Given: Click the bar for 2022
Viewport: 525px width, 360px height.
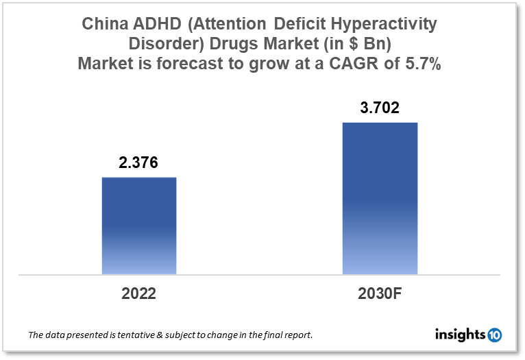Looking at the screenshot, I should [x=139, y=226].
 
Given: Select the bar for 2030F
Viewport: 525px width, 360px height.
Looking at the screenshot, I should [x=380, y=198].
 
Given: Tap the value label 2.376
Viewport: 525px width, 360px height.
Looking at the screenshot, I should [x=139, y=163].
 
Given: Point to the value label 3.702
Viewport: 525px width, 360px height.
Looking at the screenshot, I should [x=380, y=108].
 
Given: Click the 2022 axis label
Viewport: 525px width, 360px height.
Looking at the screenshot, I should [x=139, y=293].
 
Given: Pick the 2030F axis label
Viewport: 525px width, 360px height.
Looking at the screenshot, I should [x=380, y=293].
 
